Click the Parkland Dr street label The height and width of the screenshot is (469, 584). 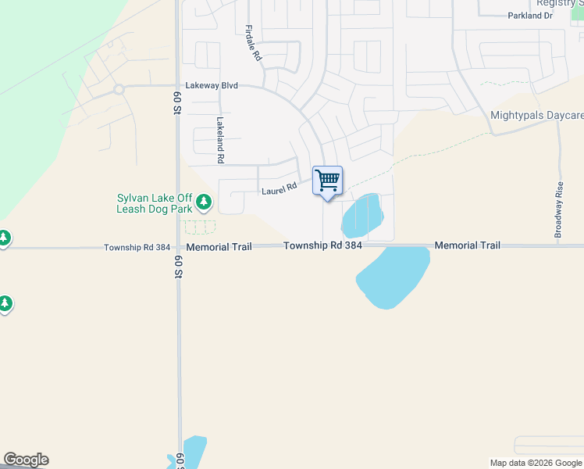click(529, 16)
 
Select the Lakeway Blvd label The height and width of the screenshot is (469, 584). click(211, 85)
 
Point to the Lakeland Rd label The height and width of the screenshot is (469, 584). click(221, 140)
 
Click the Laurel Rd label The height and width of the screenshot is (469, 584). click(280, 188)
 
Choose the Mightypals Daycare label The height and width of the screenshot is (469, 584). click(536, 116)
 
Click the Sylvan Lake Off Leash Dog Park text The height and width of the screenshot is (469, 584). click(154, 204)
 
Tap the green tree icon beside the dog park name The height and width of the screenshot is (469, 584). click(204, 202)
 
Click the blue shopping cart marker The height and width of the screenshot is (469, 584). click(328, 181)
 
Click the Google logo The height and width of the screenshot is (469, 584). click(26, 460)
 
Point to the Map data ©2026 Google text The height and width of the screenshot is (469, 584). click(536, 463)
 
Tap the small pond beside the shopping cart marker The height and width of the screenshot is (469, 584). click(361, 215)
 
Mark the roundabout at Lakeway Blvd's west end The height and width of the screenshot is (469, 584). click(119, 89)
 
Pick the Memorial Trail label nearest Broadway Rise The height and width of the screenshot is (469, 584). click(467, 245)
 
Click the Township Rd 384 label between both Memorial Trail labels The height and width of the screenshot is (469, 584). click(322, 245)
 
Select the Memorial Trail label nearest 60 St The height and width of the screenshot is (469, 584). click(219, 246)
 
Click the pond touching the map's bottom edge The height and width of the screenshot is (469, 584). click(191, 453)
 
